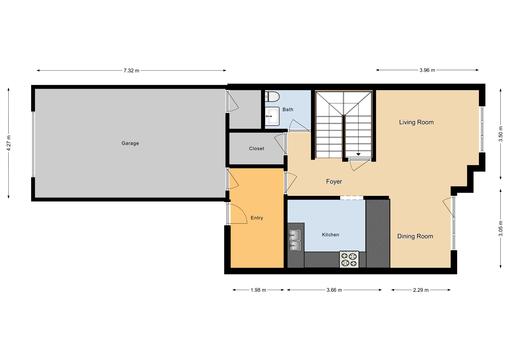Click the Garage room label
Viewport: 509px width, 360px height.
click(x=130, y=143)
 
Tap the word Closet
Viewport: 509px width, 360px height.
click(x=256, y=148)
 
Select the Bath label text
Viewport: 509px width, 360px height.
click(x=288, y=109)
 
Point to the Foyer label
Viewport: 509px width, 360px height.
click(x=335, y=181)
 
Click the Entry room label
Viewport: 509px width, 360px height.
click(x=257, y=217)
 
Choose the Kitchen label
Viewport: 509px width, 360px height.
click(x=330, y=235)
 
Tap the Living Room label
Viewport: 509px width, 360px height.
click(x=416, y=123)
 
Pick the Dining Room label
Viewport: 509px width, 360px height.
click(x=415, y=236)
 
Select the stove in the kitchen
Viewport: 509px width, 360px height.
click(x=349, y=258)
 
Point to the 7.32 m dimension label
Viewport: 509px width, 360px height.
click(x=131, y=70)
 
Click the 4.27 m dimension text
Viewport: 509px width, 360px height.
click(x=9, y=143)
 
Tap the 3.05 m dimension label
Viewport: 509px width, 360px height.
click(x=501, y=229)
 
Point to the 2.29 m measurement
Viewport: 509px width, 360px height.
click(x=420, y=290)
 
